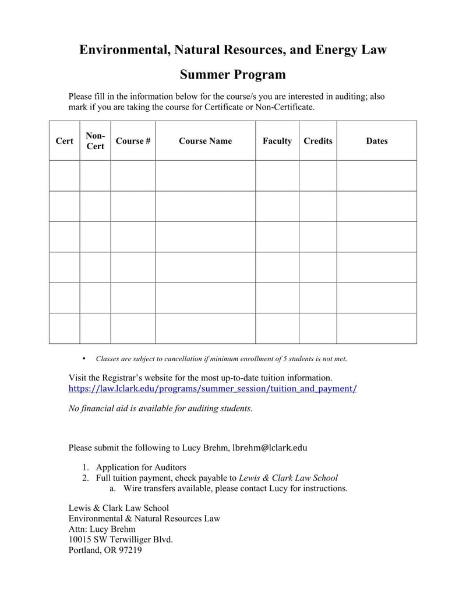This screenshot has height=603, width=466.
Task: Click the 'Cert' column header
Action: tap(64, 141)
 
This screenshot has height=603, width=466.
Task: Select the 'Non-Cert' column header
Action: tap(95, 141)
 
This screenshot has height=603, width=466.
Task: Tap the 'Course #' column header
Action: tap(133, 141)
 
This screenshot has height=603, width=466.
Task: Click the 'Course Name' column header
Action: tap(205, 141)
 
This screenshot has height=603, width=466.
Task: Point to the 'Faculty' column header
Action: tap(277, 141)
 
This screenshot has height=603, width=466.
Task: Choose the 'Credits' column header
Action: tap(317, 141)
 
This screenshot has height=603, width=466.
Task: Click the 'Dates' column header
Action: tap(376, 141)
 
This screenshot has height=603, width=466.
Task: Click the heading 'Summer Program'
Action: tap(232, 75)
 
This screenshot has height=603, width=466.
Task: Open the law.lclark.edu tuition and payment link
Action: tap(213, 389)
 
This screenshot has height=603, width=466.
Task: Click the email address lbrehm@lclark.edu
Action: tap(269, 448)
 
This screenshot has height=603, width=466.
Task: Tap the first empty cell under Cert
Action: tap(64, 175)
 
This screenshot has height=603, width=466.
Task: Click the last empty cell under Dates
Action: tap(376, 328)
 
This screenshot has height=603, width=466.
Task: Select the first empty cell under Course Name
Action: tap(205, 175)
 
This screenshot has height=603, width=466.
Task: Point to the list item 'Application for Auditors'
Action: tap(141, 467)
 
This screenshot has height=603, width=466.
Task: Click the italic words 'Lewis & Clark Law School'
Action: tap(288, 478)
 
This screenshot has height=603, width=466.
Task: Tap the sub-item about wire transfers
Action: tap(235, 488)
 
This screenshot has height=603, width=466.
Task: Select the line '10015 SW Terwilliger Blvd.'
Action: tap(121, 539)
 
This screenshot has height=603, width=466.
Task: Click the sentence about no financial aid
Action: tap(161, 408)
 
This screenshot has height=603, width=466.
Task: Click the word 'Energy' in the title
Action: tap(336, 50)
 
